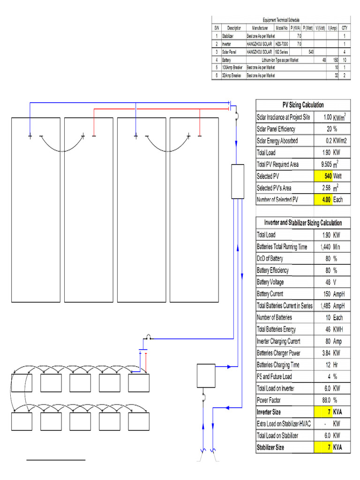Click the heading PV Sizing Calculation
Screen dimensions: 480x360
(303, 105)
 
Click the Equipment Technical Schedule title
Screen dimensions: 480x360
(281, 19)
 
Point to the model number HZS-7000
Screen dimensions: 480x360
(282, 43)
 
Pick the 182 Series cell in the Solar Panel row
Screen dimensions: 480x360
(282, 51)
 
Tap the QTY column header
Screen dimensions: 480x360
(345, 28)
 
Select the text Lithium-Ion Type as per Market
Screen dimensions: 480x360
(280, 60)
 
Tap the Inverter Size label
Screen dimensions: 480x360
(269, 412)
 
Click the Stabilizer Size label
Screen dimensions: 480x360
(270, 448)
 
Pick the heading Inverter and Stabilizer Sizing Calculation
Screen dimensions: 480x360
(303, 223)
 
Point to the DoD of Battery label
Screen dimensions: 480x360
(270, 258)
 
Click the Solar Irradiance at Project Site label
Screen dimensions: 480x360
(284, 117)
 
